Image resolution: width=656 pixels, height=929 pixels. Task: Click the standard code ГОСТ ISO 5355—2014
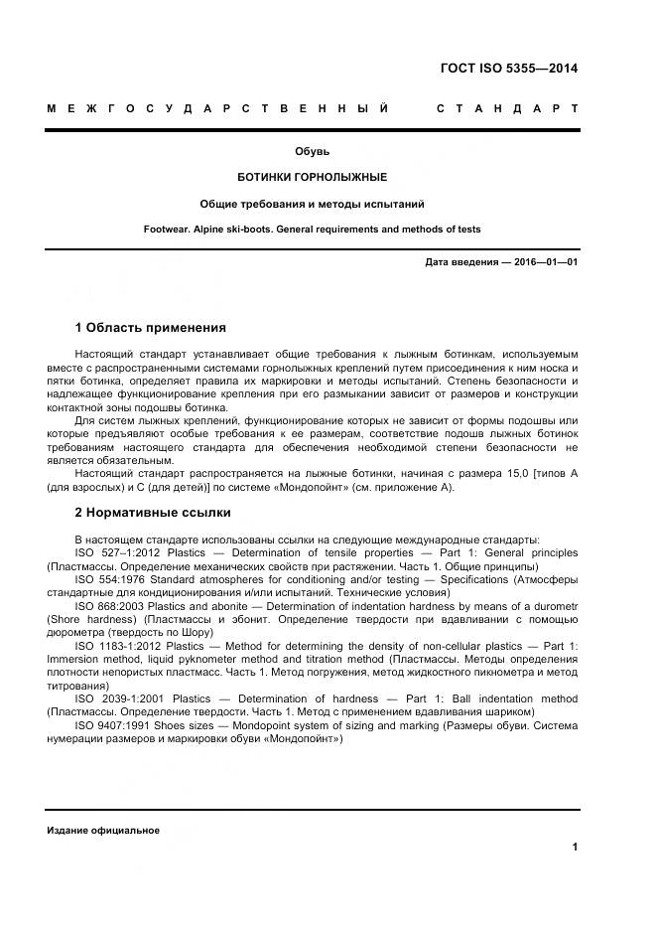[508, 69]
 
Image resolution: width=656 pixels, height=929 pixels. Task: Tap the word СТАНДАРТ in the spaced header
[507, 107]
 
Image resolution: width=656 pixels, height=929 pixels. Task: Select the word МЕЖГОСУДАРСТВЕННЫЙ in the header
[217, 107]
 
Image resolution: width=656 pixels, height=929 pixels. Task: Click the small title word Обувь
[312, 152]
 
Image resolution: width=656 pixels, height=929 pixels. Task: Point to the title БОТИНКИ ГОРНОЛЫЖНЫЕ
[312, 177]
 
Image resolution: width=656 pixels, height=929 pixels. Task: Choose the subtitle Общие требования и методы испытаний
[312, 204]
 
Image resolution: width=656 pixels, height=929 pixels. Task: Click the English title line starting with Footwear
[312, 230]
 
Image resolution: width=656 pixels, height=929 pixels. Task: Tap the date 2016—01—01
[544, 262]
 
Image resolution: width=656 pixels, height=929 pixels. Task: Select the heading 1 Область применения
[151, 327]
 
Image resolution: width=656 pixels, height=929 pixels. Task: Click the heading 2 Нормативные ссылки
[153, 513]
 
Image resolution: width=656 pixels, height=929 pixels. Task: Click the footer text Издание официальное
[103, 831]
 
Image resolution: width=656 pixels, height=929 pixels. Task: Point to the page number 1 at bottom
[575, 848]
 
